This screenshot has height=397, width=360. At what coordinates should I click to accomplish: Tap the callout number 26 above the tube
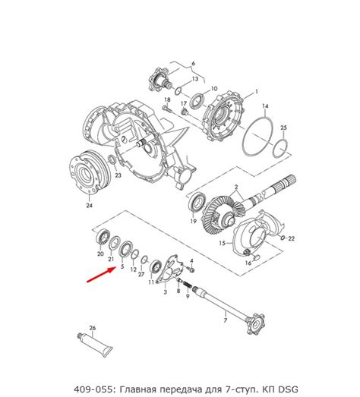(x=93, y=328)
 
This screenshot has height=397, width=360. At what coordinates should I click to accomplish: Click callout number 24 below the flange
(x=89, y=206)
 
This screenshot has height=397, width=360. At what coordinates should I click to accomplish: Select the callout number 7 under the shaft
(x=226, y=320)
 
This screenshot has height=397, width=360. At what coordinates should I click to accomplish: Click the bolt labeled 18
(x=166, y=109)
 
